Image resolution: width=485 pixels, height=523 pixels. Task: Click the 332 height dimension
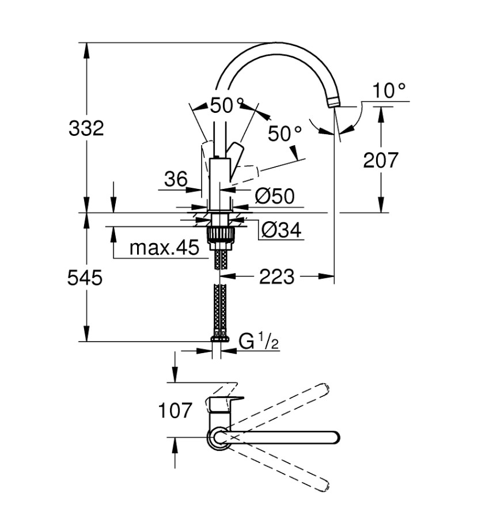[x=86, y=128]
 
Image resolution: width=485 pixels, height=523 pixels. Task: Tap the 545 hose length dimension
[x=85, y=278]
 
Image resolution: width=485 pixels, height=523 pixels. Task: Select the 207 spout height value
[x=380, y=160]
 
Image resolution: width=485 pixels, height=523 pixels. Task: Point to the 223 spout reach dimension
[x=276, y=277]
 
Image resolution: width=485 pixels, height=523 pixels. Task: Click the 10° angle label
[x=389, y=90]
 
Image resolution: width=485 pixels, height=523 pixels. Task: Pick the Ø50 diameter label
[x=274, y=196]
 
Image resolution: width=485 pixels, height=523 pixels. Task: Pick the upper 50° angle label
[x=222, y=105]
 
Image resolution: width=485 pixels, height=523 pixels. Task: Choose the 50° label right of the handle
[x=285, y=134]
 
